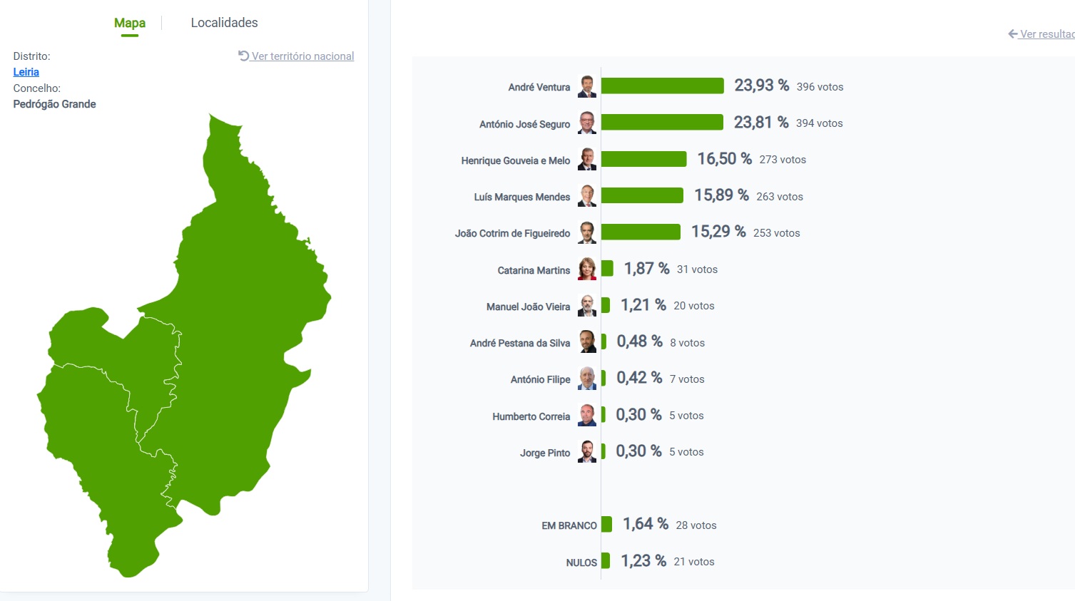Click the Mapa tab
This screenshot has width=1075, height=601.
[130, 23]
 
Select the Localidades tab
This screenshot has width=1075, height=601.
[224, 23]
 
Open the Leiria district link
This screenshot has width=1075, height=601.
[26, 72]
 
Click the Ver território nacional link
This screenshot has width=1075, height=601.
[302, 56]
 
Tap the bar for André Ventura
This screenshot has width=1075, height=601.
[662, 86]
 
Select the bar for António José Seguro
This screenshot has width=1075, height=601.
[662, 123]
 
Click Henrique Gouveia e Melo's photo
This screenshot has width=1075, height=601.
[587, 159]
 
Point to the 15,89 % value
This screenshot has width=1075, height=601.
[721, 195]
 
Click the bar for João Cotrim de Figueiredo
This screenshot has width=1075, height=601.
[641, 232]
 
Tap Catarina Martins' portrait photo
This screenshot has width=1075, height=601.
[587, 269]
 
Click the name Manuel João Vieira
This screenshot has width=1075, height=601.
[528, 307]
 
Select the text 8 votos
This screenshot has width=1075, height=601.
[687, 343]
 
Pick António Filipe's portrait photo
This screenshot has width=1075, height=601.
[587, 379]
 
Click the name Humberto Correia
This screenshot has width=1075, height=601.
[531, 416]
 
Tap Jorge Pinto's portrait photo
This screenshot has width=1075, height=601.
[587, 451]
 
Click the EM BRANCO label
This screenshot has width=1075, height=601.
[569, 525]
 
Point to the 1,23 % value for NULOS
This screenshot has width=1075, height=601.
[643, 561]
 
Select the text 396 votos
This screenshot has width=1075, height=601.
[820, 87]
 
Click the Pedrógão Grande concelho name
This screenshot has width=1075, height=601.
[54, 104]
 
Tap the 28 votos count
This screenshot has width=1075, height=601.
[696, 525]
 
